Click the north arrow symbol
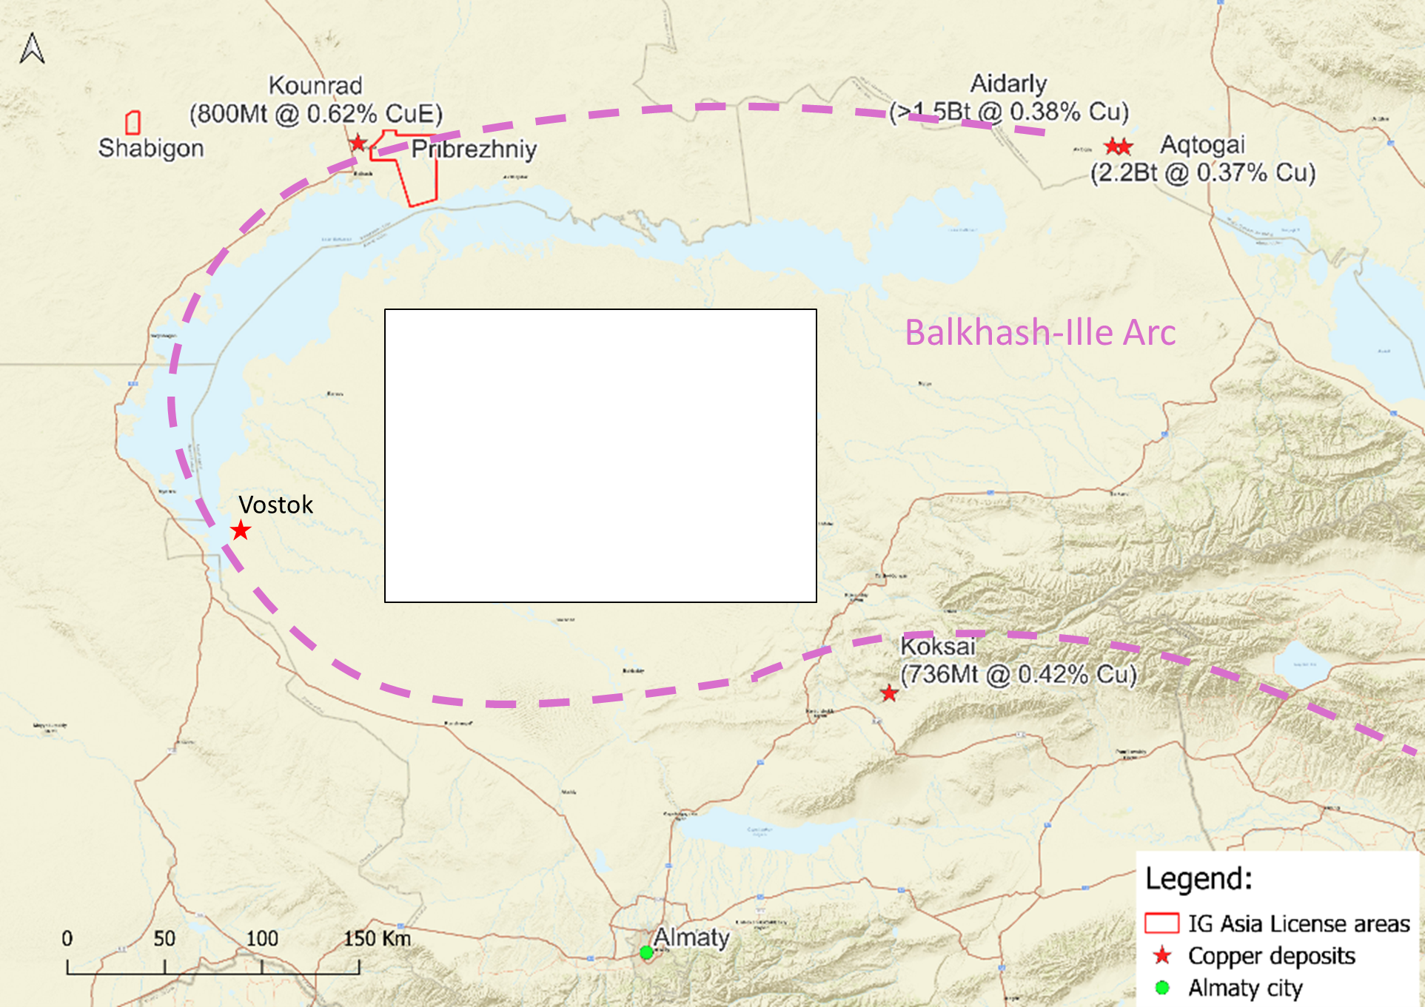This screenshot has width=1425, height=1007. pos(32,49)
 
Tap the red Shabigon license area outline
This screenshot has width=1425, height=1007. pos(133,122)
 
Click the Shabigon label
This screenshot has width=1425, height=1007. pos(151,148)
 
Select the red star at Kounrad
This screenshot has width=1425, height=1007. pos(358,143)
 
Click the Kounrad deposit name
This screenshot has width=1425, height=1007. pos(315,86)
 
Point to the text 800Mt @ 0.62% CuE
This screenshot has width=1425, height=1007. pos(316,114)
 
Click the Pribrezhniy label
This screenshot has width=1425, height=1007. pos(474,149)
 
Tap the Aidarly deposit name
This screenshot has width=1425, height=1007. pos(1008,84)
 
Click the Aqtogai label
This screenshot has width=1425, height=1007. pos(1202,144)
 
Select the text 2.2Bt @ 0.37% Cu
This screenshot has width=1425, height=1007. pos(1203,172)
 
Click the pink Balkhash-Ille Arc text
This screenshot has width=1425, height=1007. pos(1040,333)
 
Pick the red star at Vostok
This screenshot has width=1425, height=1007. pos(241,531)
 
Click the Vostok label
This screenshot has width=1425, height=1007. pos(275,505)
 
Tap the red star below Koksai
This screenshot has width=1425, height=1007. pos(889,693)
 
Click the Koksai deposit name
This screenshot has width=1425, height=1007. pos(938,647)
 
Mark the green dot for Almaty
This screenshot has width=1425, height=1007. pos(646,952)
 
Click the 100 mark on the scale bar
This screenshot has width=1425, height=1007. pos(262,939)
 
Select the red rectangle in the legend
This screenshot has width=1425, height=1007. pos(1161,923)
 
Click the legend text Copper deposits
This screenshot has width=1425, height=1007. pos(1271,956)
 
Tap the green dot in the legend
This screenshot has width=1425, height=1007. pos(1162,988)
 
